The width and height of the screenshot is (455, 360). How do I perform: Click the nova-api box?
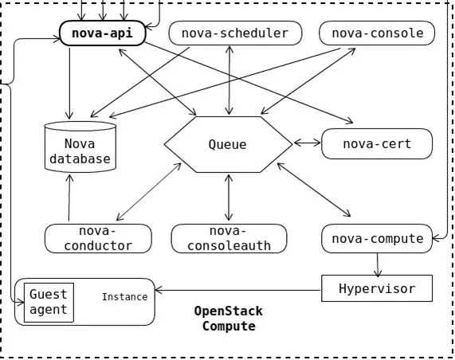pos(102,33)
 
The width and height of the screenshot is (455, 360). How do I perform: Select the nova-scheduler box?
pos(235,33)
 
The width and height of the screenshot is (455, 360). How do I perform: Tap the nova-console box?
pos(377,33)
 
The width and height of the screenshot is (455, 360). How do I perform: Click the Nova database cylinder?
pos(80,147)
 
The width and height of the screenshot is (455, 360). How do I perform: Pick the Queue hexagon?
pos(229,144)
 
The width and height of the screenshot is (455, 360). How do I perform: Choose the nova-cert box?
pos(377,144)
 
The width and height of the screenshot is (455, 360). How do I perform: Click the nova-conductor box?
pos(98,238)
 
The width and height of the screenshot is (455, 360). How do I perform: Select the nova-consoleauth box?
pos(229,238)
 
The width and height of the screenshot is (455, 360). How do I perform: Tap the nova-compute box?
pos(377,238)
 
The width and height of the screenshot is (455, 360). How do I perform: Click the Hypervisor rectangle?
pos(377,288)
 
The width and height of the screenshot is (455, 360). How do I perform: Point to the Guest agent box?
pos(49,303)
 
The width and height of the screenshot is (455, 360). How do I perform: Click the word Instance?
pos(124,297)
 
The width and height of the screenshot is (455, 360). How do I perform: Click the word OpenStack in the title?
pos(229,311)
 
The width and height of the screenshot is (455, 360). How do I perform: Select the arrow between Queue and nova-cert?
pos(308,143)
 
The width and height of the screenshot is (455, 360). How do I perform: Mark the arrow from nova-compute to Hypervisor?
pos(378,265)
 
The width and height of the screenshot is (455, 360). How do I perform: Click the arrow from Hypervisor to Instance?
pos(238,290)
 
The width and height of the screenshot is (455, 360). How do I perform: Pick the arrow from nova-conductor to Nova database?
pos(69,198)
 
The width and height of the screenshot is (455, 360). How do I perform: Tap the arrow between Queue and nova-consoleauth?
pos(229,198)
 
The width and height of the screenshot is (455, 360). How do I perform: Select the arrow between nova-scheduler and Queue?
pos(229,80)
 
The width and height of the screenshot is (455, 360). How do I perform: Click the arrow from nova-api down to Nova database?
pos(69,84)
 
